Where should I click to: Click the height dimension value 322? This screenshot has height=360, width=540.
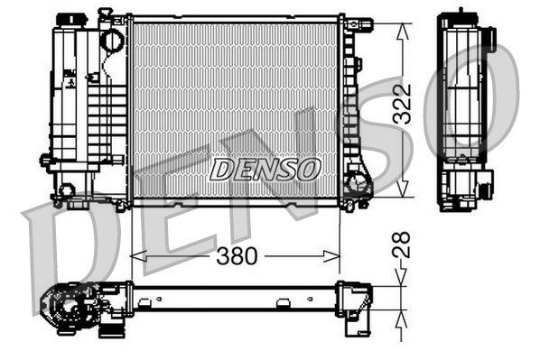click(403, 106)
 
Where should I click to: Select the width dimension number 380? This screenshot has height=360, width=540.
click(237, 257)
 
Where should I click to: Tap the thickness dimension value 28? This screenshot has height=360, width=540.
click(403, 245)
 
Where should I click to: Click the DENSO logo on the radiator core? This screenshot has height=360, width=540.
click(265, 168)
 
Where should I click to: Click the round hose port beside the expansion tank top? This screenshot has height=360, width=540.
click(112, 40)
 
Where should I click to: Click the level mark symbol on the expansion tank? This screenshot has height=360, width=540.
click(70, 78)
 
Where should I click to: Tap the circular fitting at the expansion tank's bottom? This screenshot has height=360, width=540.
click(65, 190)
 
